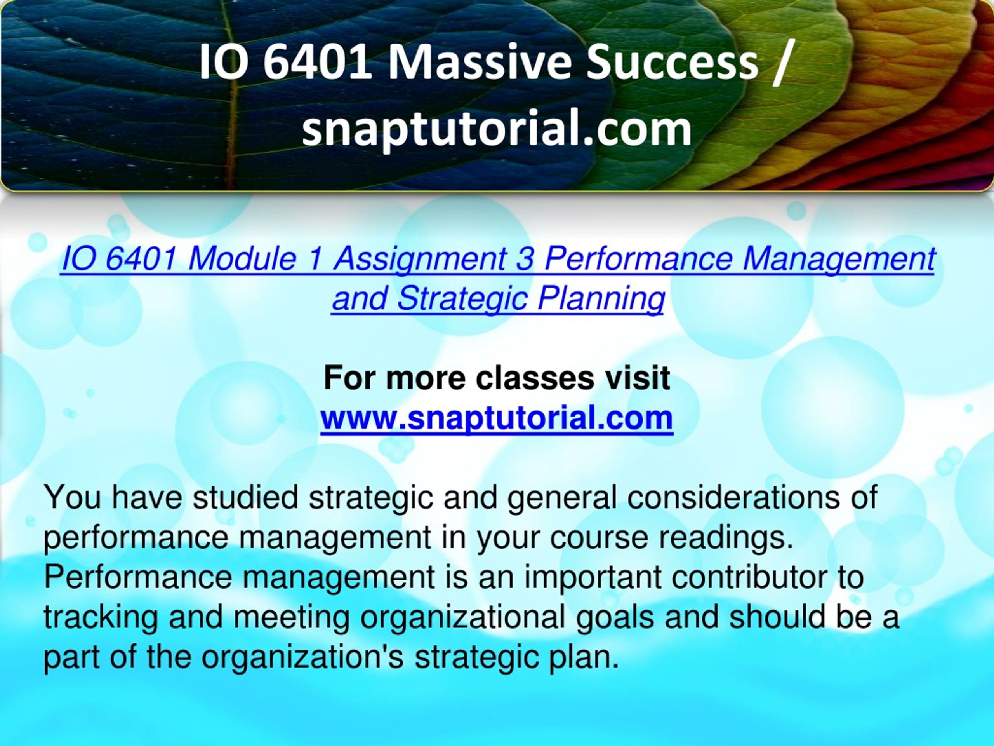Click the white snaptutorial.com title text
click(x=497, y=129)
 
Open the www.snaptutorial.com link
click(x=497, y=418)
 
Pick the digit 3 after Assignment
click(x=525, y=260)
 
